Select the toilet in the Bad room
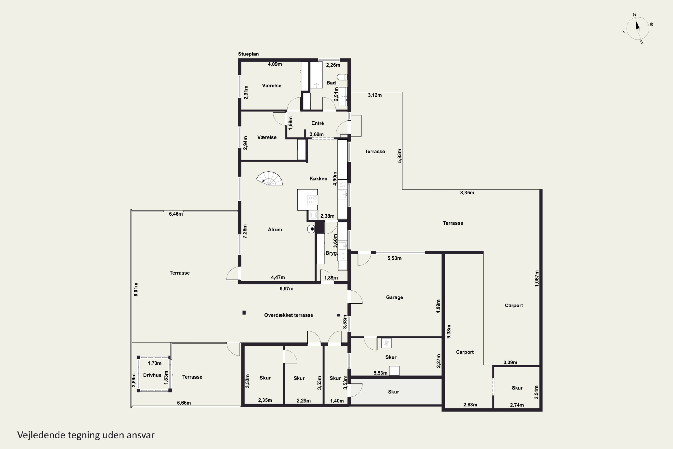342,77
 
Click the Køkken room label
318,179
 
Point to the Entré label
318,123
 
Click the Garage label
394,297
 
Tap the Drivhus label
152,375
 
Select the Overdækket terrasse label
288,315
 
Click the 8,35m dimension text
467,193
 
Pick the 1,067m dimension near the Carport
537,278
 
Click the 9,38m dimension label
449,331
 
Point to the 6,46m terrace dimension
176,214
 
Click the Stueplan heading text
248,54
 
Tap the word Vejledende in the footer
41,435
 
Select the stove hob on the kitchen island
312,200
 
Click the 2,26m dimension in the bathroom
333,65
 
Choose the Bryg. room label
331,253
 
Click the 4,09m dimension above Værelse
275,64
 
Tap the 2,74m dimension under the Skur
517,405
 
